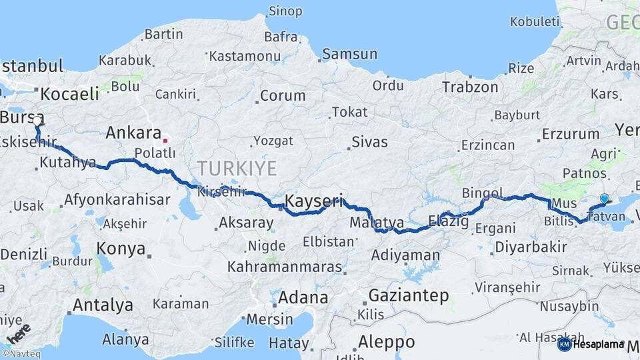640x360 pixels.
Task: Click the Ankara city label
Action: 133,133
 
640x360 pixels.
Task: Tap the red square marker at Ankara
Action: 165,141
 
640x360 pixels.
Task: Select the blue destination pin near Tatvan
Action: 604,199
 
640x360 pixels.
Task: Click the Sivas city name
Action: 369,142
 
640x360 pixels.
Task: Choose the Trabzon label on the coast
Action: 470,87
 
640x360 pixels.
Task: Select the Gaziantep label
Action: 408,295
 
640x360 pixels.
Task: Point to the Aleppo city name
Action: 386,342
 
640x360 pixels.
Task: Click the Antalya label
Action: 103,305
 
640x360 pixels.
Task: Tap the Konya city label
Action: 121,249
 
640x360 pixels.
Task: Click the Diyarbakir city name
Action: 531,247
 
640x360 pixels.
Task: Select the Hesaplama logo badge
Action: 591,344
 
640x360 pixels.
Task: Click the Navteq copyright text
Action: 23,354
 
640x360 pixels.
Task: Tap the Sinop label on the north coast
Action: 285,11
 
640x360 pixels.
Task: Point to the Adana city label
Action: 303,297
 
